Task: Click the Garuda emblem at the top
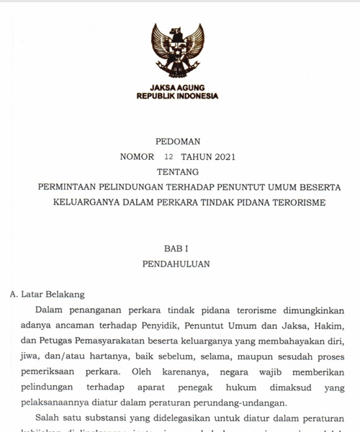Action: tap(177, 50)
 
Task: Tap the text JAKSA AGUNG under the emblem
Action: tap(177, 87)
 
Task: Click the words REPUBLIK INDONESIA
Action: tap(177, 96)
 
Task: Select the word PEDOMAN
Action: tap(177, 141)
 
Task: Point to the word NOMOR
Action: tap(137, 156)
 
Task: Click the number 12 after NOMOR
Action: tap(169, 156)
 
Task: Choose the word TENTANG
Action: tap(177, 171)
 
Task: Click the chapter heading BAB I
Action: tap(177, 248)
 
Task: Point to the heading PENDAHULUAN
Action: tap(177, 264)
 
